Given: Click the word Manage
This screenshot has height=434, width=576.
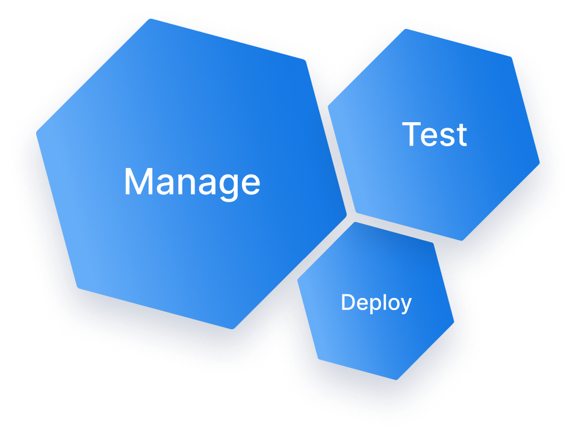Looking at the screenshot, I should click(x=192, y=181).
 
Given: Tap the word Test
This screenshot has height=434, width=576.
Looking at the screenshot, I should click(x=435, y=134).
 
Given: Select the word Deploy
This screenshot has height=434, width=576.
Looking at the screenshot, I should click(x=376, y=303).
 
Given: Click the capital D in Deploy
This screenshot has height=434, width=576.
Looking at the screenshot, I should click(x=347, y=303).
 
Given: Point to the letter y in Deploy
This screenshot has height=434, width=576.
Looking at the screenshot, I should click(x=405, y=305).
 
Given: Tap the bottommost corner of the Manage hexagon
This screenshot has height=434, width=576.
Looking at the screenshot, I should click(x=232, y=329).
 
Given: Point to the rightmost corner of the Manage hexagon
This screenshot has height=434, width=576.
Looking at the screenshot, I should click(x=347, y=213).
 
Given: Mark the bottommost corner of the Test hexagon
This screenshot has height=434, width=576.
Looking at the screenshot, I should click(x=462, y=240).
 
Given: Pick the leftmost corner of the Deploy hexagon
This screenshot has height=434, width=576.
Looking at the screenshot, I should click(x=297, y=281).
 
